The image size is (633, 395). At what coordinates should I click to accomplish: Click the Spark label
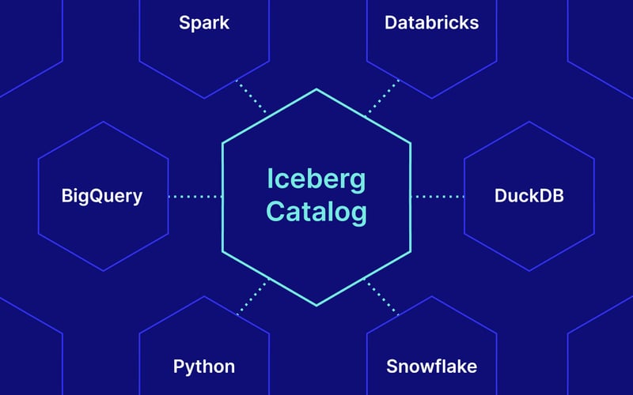[x=204, y=24]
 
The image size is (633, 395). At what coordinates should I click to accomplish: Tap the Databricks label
[x=431, y=23]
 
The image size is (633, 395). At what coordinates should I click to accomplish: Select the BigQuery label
[x=102, y=197]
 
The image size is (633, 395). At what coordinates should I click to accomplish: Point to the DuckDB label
[x=529, y=196]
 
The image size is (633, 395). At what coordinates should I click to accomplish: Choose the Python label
[x=204, y=367]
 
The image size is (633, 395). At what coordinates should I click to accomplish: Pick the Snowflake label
[x=431, y=367]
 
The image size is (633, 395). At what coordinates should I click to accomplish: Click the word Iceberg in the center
[x=316, y=180]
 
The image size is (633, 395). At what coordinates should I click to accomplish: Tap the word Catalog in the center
[x=316, y=212]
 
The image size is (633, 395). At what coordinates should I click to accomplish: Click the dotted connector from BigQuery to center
[x=195, y=197]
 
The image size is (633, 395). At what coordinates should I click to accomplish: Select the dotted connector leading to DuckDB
[x=438, y=197]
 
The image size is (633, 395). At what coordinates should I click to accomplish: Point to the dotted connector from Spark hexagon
[x=251, y=96]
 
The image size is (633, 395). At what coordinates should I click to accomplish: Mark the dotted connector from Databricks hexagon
[x=382, y=96]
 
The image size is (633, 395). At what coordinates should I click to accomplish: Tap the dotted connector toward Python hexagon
[x=252, y=297]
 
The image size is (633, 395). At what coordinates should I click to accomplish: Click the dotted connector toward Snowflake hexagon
[x=381, y=297]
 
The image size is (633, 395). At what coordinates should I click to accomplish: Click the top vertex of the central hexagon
[x=316, y=89]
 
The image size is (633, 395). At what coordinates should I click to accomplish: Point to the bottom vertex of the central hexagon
[x=316, y=306]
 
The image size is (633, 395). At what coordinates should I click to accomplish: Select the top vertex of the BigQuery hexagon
[x=104, y=122]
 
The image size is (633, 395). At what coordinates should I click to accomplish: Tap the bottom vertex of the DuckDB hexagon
[x=529, y=271]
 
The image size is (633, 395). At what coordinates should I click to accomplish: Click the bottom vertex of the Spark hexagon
[x=204, y=98]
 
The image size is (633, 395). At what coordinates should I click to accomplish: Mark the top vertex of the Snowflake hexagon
[x=431, y=297]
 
